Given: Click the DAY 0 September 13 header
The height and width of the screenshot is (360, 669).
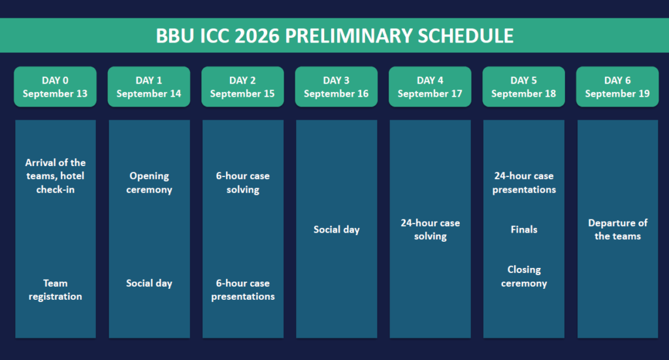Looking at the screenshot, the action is point(55,87).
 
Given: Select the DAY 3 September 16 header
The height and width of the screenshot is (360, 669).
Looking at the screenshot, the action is point(336,87).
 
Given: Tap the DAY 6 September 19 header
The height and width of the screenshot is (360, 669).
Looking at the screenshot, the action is point(617,87).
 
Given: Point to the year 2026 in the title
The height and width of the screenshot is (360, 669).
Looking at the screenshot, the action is point(257,36).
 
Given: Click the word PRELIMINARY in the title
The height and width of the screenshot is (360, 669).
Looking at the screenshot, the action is point(349,36).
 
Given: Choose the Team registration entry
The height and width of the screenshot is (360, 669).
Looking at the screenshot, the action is point(56,289).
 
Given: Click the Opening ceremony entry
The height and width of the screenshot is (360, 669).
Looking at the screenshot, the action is point(149,182).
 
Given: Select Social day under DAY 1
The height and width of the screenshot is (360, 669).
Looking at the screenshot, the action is point(149,283).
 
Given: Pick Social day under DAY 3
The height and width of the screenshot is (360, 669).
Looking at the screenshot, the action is point(336,229).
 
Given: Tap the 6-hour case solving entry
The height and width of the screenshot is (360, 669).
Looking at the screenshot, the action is point(243,182).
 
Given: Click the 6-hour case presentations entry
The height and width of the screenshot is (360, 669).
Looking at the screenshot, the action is point(243,289).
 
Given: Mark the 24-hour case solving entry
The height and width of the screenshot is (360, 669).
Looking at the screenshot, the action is point(430,229).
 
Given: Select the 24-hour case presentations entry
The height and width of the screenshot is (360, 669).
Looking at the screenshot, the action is point(524,182).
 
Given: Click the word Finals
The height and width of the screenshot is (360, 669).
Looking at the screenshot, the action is point(524,229).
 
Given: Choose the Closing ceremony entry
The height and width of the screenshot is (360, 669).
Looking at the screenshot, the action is point(524,276).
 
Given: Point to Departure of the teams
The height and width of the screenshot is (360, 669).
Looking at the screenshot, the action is point(618,229).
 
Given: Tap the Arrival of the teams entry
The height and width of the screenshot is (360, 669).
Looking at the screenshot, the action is point(56,176).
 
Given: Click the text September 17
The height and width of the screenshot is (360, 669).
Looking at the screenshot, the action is point(430,93).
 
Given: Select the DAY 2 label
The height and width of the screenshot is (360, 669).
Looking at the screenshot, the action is point(242,80).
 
